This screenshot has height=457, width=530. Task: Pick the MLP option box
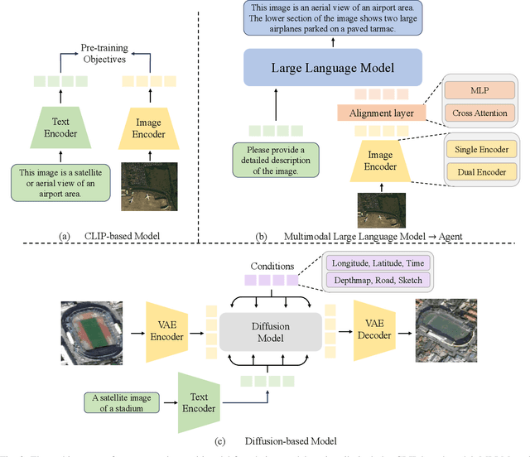point(481,89)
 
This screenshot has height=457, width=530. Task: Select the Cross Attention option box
point(481,113)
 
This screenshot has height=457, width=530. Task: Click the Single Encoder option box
point(481,150)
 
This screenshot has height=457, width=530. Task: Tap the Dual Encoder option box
point(481,173)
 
